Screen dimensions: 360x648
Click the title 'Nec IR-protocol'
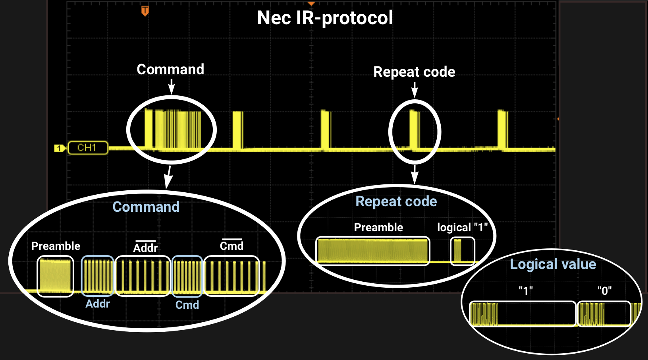point(325,18)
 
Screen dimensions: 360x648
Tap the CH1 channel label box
point(88,148)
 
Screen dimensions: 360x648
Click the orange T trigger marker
point(145,11)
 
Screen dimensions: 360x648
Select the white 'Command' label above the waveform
point(170,70)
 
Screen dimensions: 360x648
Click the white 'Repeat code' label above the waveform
point(414,72)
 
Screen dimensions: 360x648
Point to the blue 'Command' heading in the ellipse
point(146,207)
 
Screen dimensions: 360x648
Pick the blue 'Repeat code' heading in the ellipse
point(396,201)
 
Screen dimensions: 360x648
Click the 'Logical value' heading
point(553,264)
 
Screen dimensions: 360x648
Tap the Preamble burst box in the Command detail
point(56,276)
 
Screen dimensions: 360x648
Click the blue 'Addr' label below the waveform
point(98,304)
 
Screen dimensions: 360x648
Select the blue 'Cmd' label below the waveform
point(187,305)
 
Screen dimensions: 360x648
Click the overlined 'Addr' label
point(145,248)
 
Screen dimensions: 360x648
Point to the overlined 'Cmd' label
point(231,246)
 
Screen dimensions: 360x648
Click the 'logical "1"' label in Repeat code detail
point(462,228)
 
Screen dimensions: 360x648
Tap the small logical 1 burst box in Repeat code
point(463,251)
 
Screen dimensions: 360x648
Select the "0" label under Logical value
point(604,291)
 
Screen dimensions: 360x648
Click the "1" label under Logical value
point(526,291)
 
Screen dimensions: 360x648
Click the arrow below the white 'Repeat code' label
point(415,90)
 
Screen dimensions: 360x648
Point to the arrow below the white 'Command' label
point(172,86)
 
